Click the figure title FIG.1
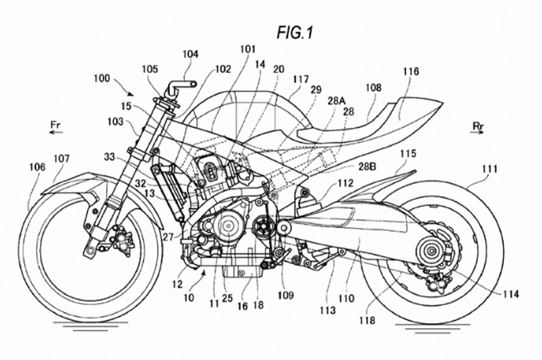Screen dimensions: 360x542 (x=295, y=33)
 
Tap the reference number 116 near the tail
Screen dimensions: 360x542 (x=411, y=71)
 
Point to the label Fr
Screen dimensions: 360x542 (x=57, y=124)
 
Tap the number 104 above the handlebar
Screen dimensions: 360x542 (x=190, y=54)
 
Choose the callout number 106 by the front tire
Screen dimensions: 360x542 (x=37, y=167)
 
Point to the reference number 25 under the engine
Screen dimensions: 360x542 (x=228, y=299)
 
